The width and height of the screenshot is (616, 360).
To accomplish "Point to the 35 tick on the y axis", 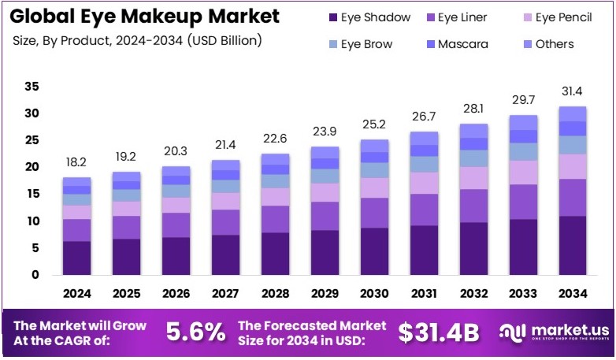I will point(32,87).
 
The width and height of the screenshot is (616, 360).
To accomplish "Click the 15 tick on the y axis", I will point(32,195).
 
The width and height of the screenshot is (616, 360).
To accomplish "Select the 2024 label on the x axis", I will point(77,294).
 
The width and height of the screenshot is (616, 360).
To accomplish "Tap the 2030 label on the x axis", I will point(375,294).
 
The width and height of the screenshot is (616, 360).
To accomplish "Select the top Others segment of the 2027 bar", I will point(226,165).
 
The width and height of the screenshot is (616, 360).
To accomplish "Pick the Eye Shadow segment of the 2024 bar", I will point(77,258).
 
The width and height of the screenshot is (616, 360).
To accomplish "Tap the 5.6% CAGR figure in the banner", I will point(195,332).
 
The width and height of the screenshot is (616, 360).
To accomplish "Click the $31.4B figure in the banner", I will point(438,332).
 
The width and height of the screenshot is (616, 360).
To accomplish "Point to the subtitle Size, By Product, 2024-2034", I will point(137,39).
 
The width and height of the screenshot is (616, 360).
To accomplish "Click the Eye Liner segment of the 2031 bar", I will point(425,210).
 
